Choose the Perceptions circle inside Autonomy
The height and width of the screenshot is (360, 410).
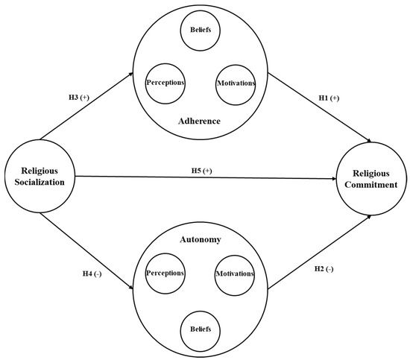(165, 273)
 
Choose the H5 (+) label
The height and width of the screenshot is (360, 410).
(201, 170)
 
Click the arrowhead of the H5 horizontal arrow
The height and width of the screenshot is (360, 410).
(333, 178)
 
